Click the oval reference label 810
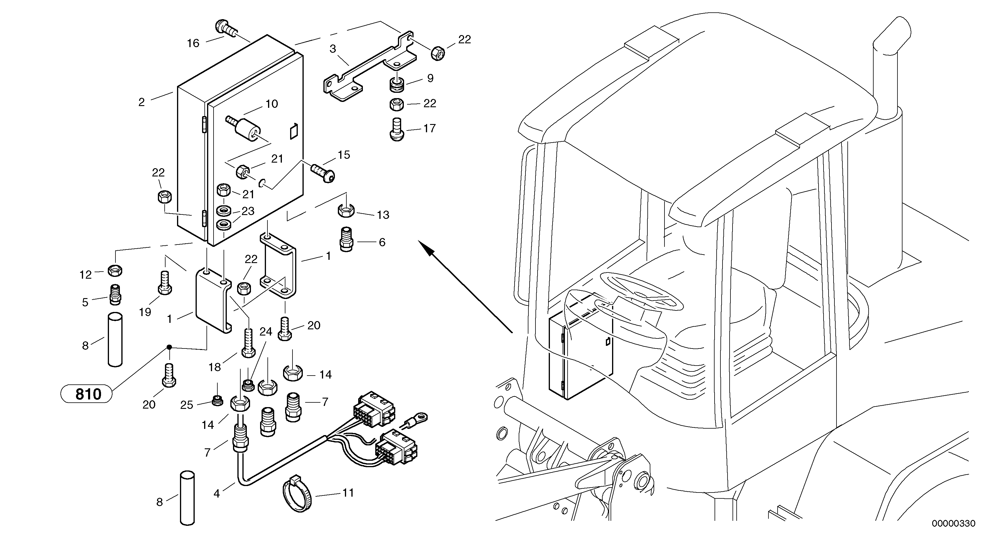click(x=87, y=394)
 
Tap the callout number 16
click(x=193, y=43)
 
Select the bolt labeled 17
click(x=397, y=130)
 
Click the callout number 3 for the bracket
click(x=333, y=49)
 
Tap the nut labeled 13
click(x=346, y=210)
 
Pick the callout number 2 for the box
click(x=141, y=102)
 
